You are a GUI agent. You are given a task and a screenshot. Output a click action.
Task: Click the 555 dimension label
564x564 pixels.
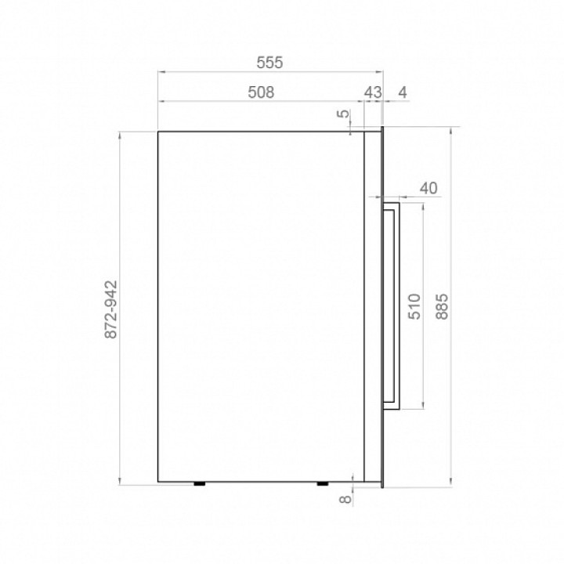pyautogui.click(x=269, y=63)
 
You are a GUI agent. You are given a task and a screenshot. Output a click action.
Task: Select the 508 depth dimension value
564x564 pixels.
pyautogui.click(x=261, y=92)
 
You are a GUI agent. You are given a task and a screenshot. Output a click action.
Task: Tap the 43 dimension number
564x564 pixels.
pyautogui.click(x=373, y=92)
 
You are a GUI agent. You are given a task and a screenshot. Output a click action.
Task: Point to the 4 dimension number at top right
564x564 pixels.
pyautogui.click(x=403, y=92)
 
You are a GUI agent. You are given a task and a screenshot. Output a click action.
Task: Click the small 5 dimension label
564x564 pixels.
pyautogui.click(x=344, y=114)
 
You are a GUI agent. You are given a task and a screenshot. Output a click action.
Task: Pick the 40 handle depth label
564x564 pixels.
pyautogui.click(x=428, y=188)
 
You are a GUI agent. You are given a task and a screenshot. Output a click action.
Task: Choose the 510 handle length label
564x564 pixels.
pyautogui.click(x=414, y=306)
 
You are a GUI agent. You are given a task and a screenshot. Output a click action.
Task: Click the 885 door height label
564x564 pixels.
pyautogui.click(x=442, y=306)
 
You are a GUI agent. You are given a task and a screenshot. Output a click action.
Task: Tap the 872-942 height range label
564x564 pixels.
pyautogui.click(x=110, y=309)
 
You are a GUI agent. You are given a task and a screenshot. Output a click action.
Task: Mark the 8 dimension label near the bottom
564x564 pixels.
pyautogui.click(x=345, y=499)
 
